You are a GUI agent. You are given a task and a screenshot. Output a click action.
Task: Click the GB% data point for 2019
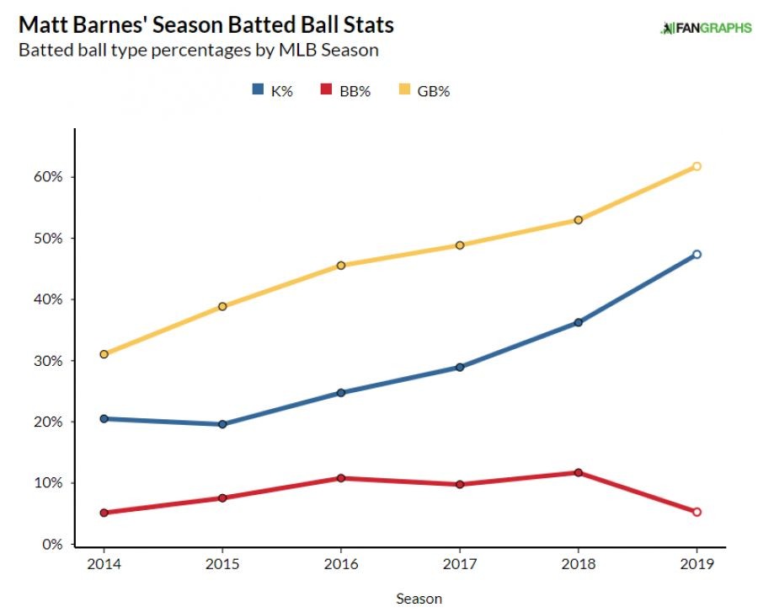click(x=697, y=166)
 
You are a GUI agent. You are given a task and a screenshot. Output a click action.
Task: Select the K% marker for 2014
click(x=104, y=418)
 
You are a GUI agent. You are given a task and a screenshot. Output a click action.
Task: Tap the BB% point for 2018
click(x=578, y=472)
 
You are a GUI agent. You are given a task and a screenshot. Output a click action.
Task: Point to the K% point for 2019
click(x=697, y=254)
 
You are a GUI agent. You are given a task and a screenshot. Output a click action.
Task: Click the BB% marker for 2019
click(x=697, y=512)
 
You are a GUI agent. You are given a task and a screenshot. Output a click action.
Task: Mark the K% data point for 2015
click(x=222, y=424)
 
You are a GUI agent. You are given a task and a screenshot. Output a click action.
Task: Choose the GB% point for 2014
click(x=104, y=354)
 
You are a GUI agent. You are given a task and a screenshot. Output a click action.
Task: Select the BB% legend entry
click(x=346, y=91)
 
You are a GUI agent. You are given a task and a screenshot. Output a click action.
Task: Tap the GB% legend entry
click(x=424, y=91)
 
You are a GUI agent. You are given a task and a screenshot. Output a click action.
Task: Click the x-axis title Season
click(x=419, y=599)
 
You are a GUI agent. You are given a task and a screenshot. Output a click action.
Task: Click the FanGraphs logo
click(x=706, y=28)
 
